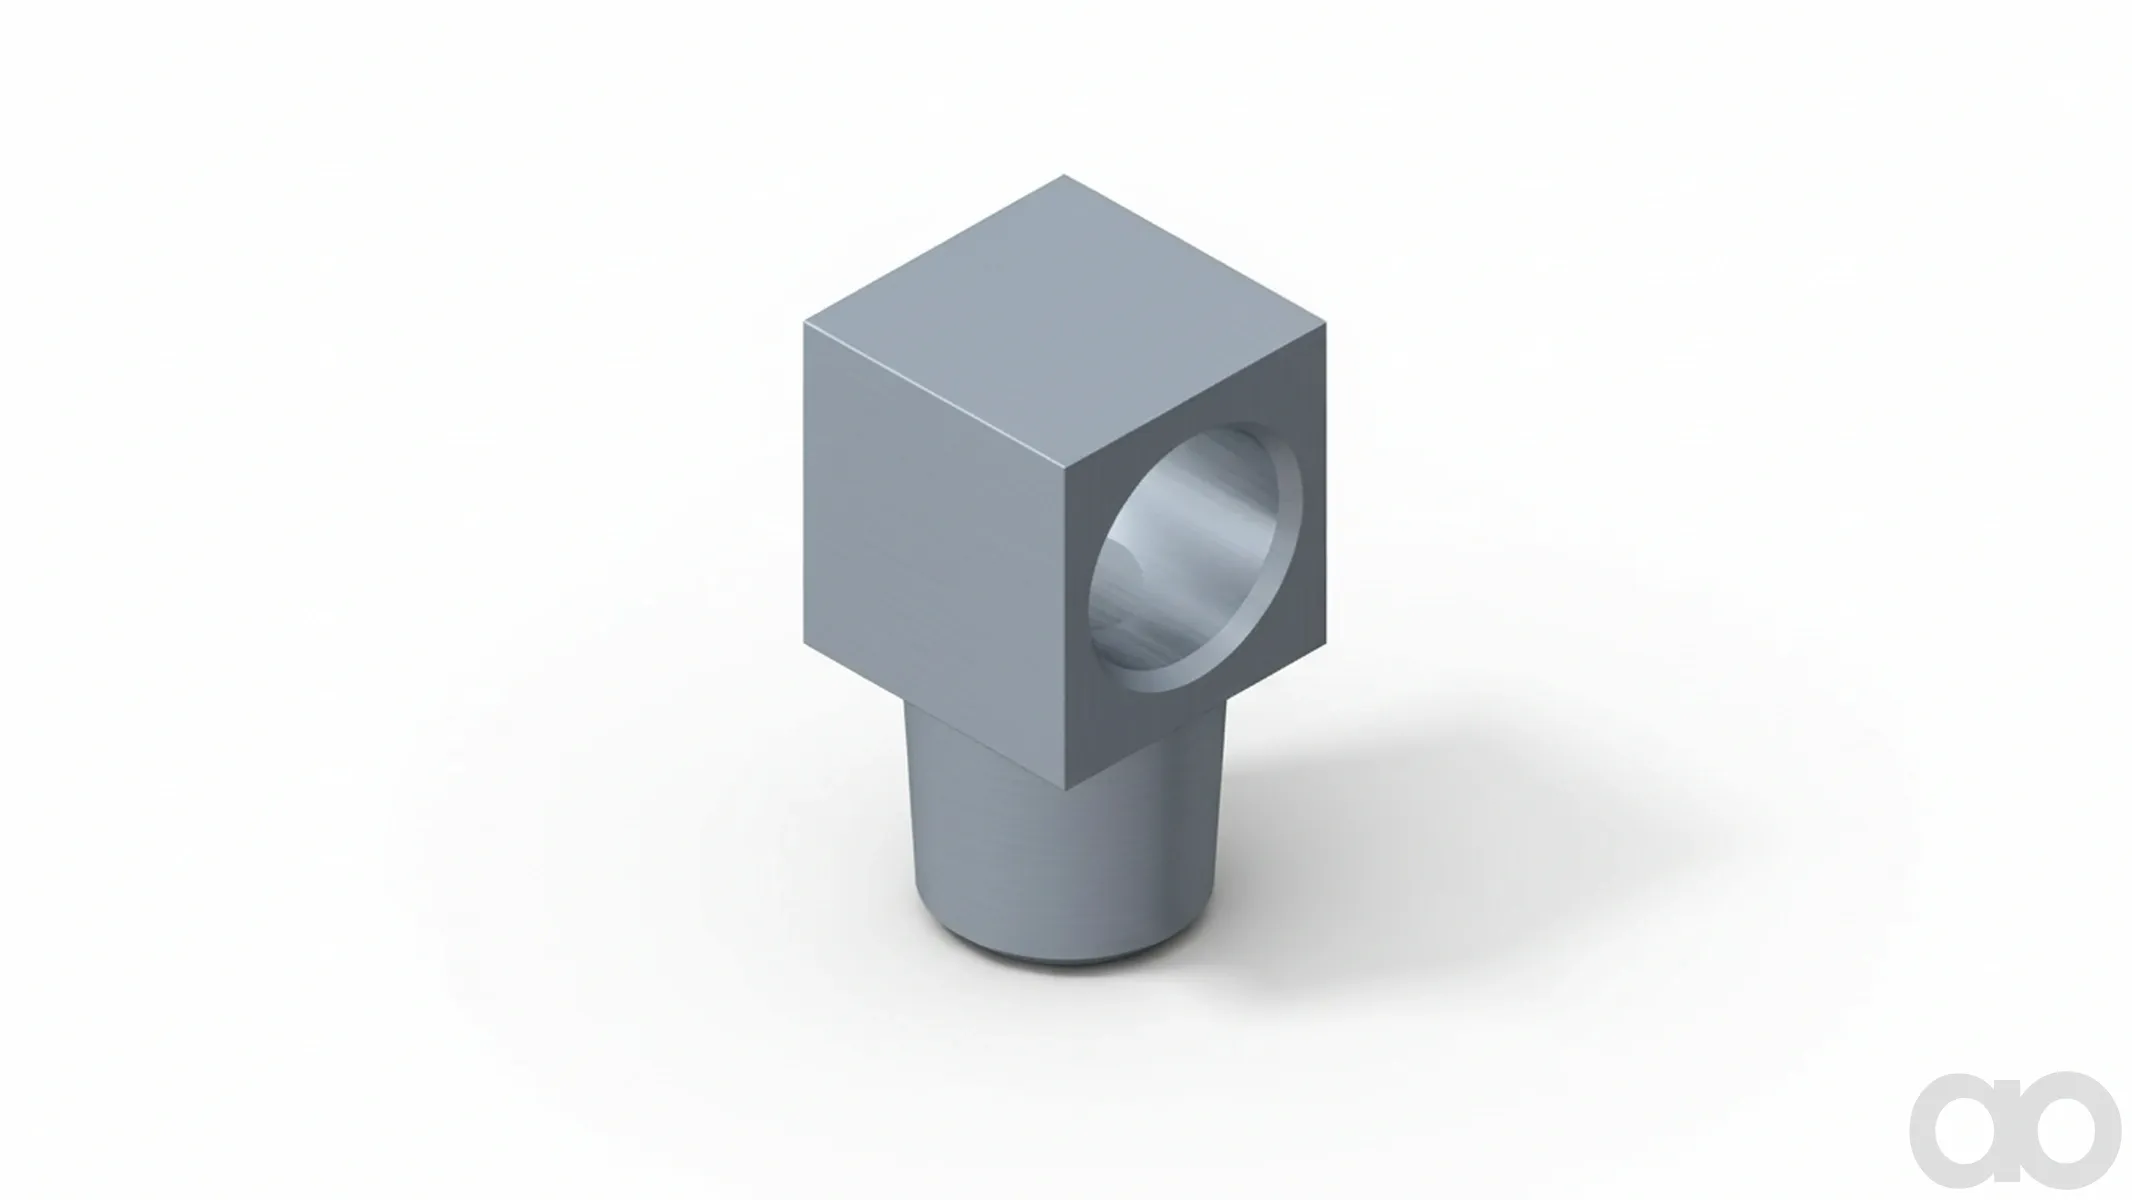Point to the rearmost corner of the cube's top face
pyautogui.click(x=1064, y=176)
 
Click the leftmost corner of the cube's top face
pyautogui.click(x=806, y=322)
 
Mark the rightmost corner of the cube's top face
pyautogui.click(x=1327, y=323)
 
